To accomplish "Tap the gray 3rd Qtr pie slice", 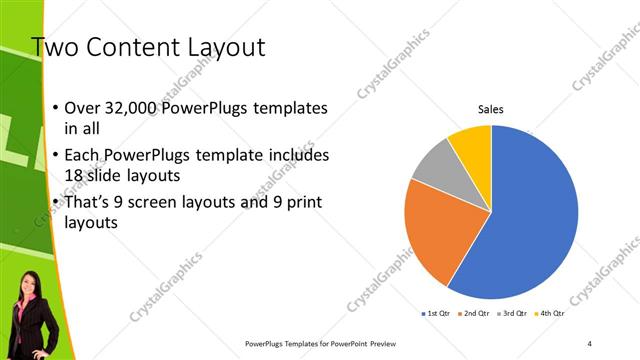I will pyautogui.click(x=436, y=164).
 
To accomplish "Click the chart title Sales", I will pyautogui.click(x=490, y=109).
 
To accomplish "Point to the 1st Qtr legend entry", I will pyautogui.click(x=437, y=314).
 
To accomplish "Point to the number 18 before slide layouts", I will pyautogui.click(x=75, y=175).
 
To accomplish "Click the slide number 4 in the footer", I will pyautogui.click(x=590, y=343).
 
